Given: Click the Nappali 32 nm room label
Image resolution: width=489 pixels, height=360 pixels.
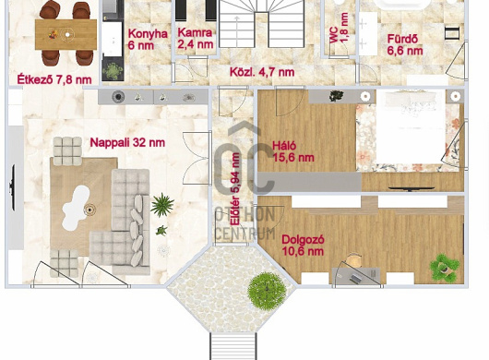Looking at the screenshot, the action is pyautogui.click(x=127, y=143).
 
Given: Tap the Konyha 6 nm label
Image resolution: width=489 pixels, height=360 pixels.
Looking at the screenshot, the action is pyautogui.click(x=148, y=40).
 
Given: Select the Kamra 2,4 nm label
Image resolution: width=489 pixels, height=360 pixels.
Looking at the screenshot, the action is pyautogui.click(x=196, y=39).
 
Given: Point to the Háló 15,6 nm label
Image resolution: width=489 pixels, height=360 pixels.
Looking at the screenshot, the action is pyautogui.click(x=293, y=151).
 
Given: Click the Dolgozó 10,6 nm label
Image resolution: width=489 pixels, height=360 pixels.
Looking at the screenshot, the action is pyautogui.click(x=303, y=246).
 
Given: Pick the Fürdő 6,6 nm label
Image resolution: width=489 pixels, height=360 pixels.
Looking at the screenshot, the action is pyautogui.click(x=405, y=45).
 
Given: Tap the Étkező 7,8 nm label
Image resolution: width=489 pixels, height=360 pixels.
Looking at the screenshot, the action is pyautogui.click(x=54, y=79).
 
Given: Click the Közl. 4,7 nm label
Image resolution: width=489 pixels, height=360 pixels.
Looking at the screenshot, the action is pyautogui.click(x=262, y=72).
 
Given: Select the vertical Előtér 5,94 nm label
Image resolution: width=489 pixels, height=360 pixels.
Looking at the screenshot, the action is pyautogui.click(x=235, y=188).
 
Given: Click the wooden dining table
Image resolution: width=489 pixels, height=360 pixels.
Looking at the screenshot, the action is pyautogui.click(x=66, y=34).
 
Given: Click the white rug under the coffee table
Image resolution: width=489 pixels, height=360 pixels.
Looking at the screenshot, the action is pyautogui.click(x=76, y=208).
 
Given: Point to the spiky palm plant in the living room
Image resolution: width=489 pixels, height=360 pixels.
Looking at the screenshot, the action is pyautogui.click(x=162, y=205).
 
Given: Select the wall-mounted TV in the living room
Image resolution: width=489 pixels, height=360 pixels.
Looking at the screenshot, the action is pyautogui.click(x=13, y=187).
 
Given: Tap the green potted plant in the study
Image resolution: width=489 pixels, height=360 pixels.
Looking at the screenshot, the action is pyautogui.click(x=444, y=268).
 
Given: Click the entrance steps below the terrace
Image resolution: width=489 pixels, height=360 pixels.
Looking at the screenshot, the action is pyautogui.click(x=233, y=346).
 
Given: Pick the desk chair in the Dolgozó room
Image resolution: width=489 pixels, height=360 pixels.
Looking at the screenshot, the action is pyautogui.click(x=354, y=261).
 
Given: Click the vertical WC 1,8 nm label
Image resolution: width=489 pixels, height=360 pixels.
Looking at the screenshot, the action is pyautogui.click(x=339, y=28).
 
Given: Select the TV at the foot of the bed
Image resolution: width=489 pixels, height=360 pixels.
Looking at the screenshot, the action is pyautogui.click(x=411, y=188).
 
